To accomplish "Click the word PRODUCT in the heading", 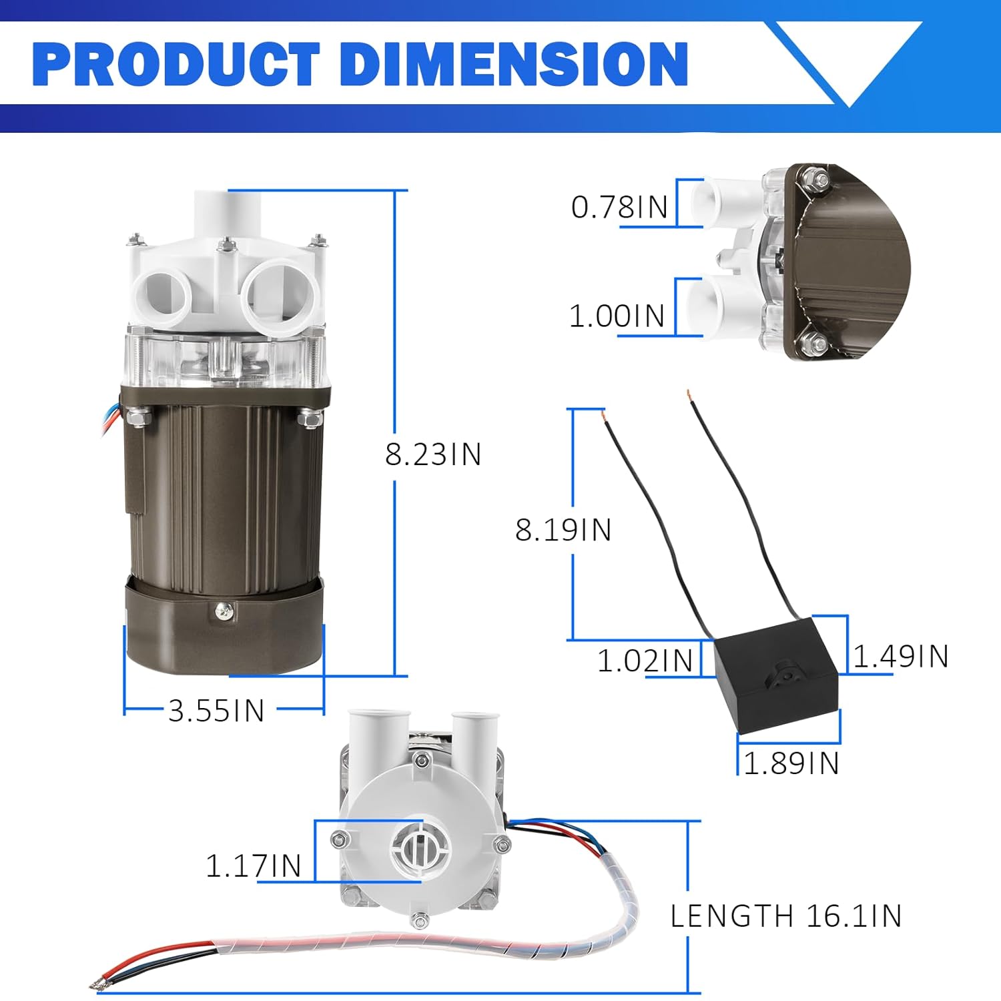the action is [176, 64].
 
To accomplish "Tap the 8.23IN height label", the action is [433, 454].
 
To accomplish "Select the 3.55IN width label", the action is [216, 711].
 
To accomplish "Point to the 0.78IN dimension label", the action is [619, 207].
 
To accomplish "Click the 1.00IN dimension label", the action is [617, 316].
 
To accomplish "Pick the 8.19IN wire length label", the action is [563, 530].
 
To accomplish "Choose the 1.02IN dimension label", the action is [645, 661].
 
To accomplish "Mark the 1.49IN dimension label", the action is [901, 656].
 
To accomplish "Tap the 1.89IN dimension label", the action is [791, 763].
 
